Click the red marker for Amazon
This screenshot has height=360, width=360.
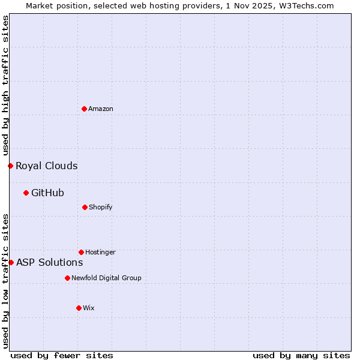pyautogui.click(x=85, y=109)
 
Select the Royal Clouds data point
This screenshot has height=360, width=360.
pyautogui.click(x=10, y=166)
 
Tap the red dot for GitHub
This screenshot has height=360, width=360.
pyautogui.click(x=26, y=193)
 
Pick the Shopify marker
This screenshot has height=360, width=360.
pyautogui.click(x=85, y=207)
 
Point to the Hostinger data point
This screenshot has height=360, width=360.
pyautogui.click(x=81, y=252)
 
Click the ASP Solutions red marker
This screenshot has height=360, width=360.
pyautogui.click(x=11, y=262)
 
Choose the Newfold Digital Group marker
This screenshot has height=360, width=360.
pyautogui.click(x=67, y=278)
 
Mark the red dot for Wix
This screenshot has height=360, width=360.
pyautogui.click(x=79, y=308)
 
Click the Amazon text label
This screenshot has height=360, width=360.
pyautogui.click(x=101, y=109)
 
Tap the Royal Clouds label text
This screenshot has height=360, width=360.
pyautogui.click(x=47, y=166)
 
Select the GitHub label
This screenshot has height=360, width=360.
pyautogui.click(x=47, y=193)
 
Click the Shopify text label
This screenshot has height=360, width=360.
pyautogui.click(x=101, y=207)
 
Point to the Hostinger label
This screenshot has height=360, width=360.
pyautogui.click(x=100, y=252)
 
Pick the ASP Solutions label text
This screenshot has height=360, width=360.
pyautogui.click(x=49, y=262)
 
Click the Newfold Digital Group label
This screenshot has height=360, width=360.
pyautogui.click(x=106, y=278)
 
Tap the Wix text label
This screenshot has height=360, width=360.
pyautogui.click(x=89, y=308)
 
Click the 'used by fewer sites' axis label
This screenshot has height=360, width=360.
pyautogui.click(x=62, y=355)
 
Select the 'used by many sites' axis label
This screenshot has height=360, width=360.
pyautogui.click(x=301, y=355)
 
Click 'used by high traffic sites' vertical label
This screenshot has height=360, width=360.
pyautogui.click(x=5, y=85)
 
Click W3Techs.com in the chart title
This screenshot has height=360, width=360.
pyautogui.click(x=305, y=5)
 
